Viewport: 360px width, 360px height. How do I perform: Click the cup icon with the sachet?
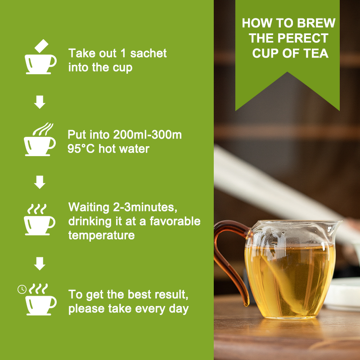[x=40, y=63]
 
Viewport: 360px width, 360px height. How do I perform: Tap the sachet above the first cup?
[x=42, y=46]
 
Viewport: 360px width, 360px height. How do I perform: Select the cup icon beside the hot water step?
[x=40, y=144]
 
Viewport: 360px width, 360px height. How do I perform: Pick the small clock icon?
[x=22, y=289]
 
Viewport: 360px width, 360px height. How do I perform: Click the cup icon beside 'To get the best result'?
[x=41, y=304]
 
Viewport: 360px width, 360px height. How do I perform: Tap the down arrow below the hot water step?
[x=40, y=182]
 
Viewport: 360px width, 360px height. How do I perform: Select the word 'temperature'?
[x=101, y=235]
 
